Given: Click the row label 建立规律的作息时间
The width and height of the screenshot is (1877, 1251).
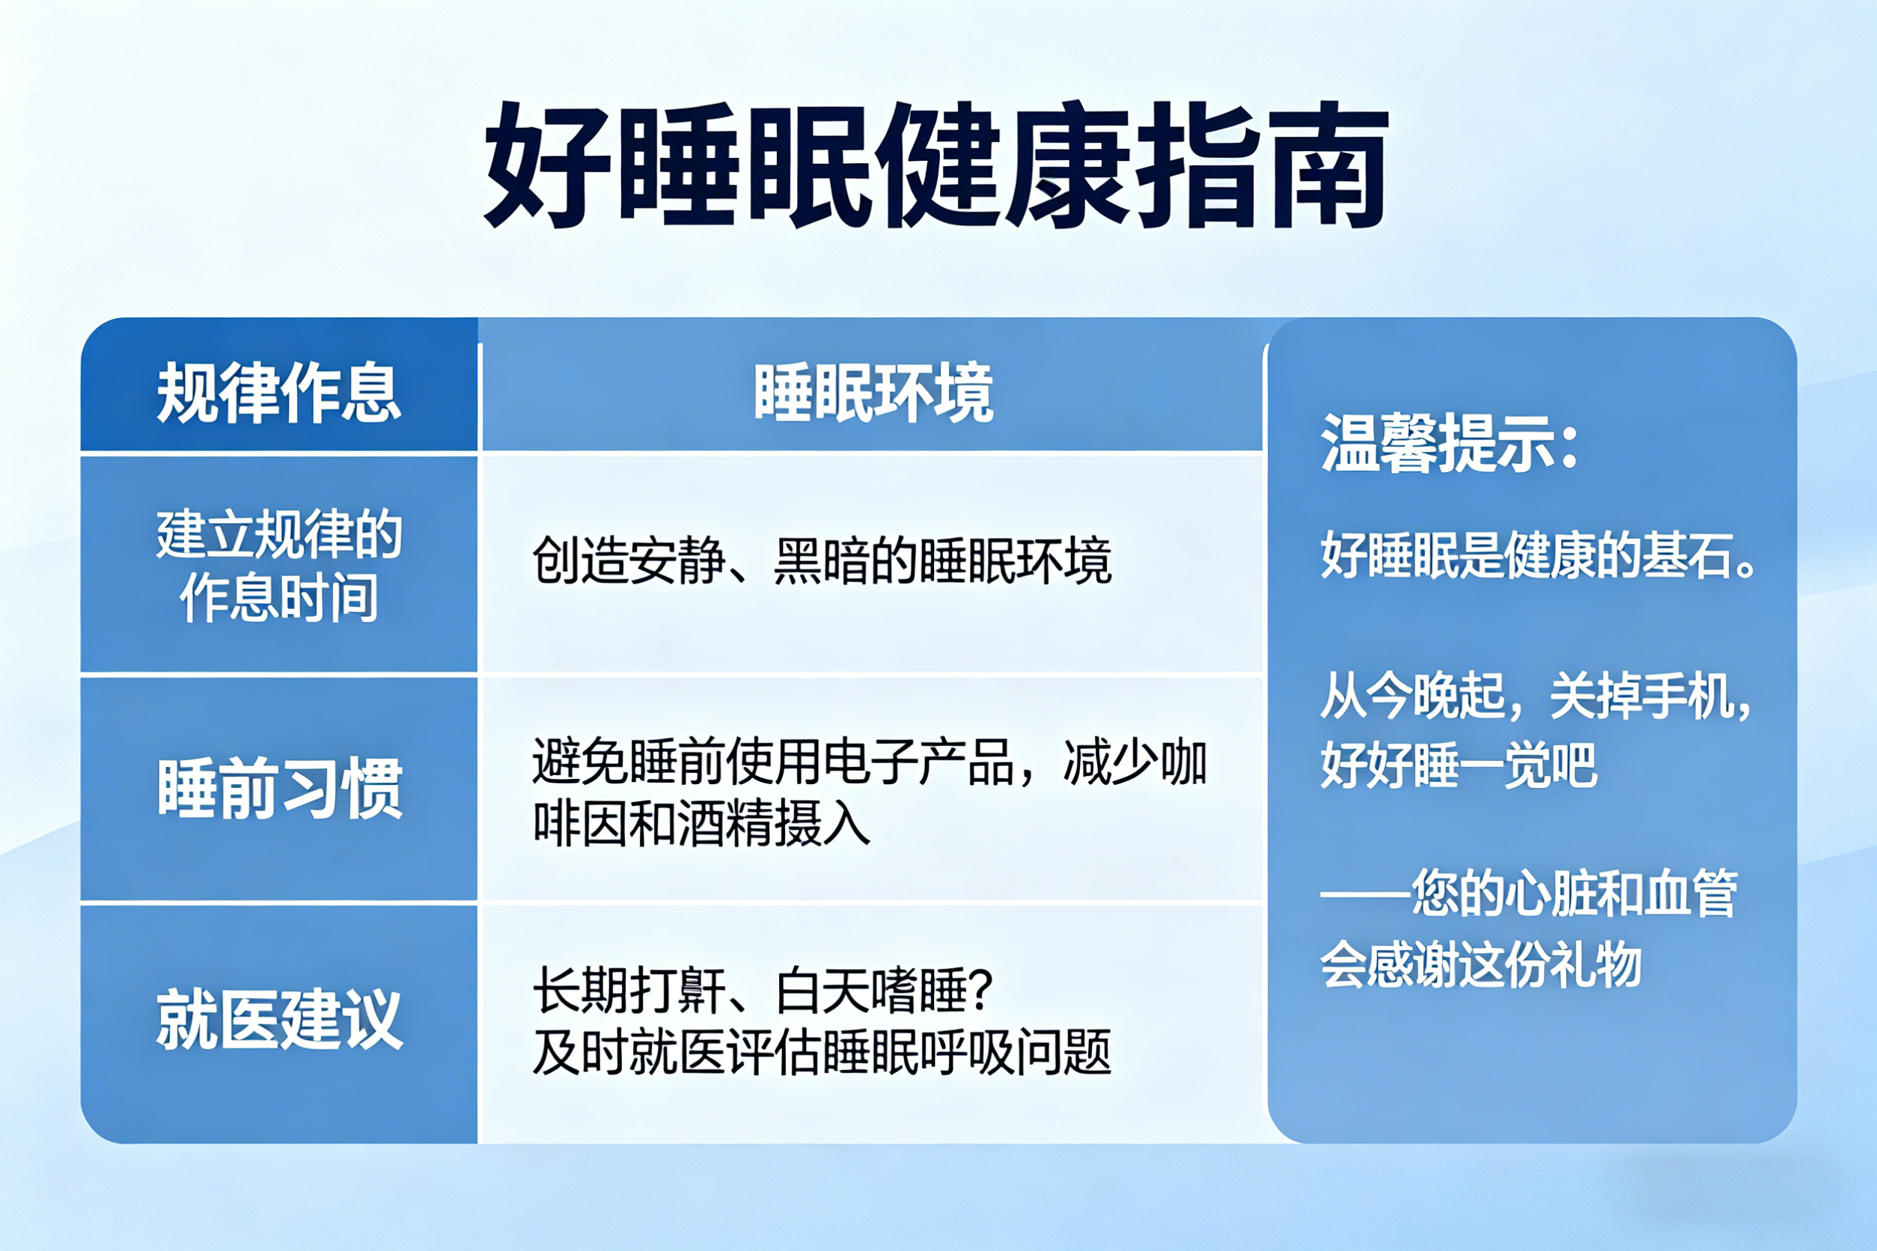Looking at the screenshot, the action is click(278, 566).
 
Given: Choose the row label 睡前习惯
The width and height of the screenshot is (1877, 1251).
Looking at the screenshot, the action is click(279, 789).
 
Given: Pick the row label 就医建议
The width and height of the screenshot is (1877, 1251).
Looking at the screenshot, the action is click(279, 1019).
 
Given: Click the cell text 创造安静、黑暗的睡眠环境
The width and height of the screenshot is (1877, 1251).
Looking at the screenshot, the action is click(822, 561).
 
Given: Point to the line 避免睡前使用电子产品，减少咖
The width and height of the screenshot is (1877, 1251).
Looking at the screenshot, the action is click(870, 762).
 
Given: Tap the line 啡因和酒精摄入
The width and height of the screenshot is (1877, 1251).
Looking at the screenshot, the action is click(701, 823).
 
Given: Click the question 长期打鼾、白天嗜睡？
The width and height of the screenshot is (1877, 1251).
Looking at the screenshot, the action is click(763, 990).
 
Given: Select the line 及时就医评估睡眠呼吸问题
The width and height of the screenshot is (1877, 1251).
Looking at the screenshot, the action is click(822, 1051).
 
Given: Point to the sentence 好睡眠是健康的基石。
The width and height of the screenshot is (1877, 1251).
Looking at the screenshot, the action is click(1539, 554).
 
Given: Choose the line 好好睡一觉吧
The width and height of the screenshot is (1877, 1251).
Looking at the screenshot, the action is click(1459, 765).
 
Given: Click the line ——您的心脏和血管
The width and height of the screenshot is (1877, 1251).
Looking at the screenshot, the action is click(1529, 893).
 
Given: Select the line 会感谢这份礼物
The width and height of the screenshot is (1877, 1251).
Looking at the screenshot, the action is click(1480, 964).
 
